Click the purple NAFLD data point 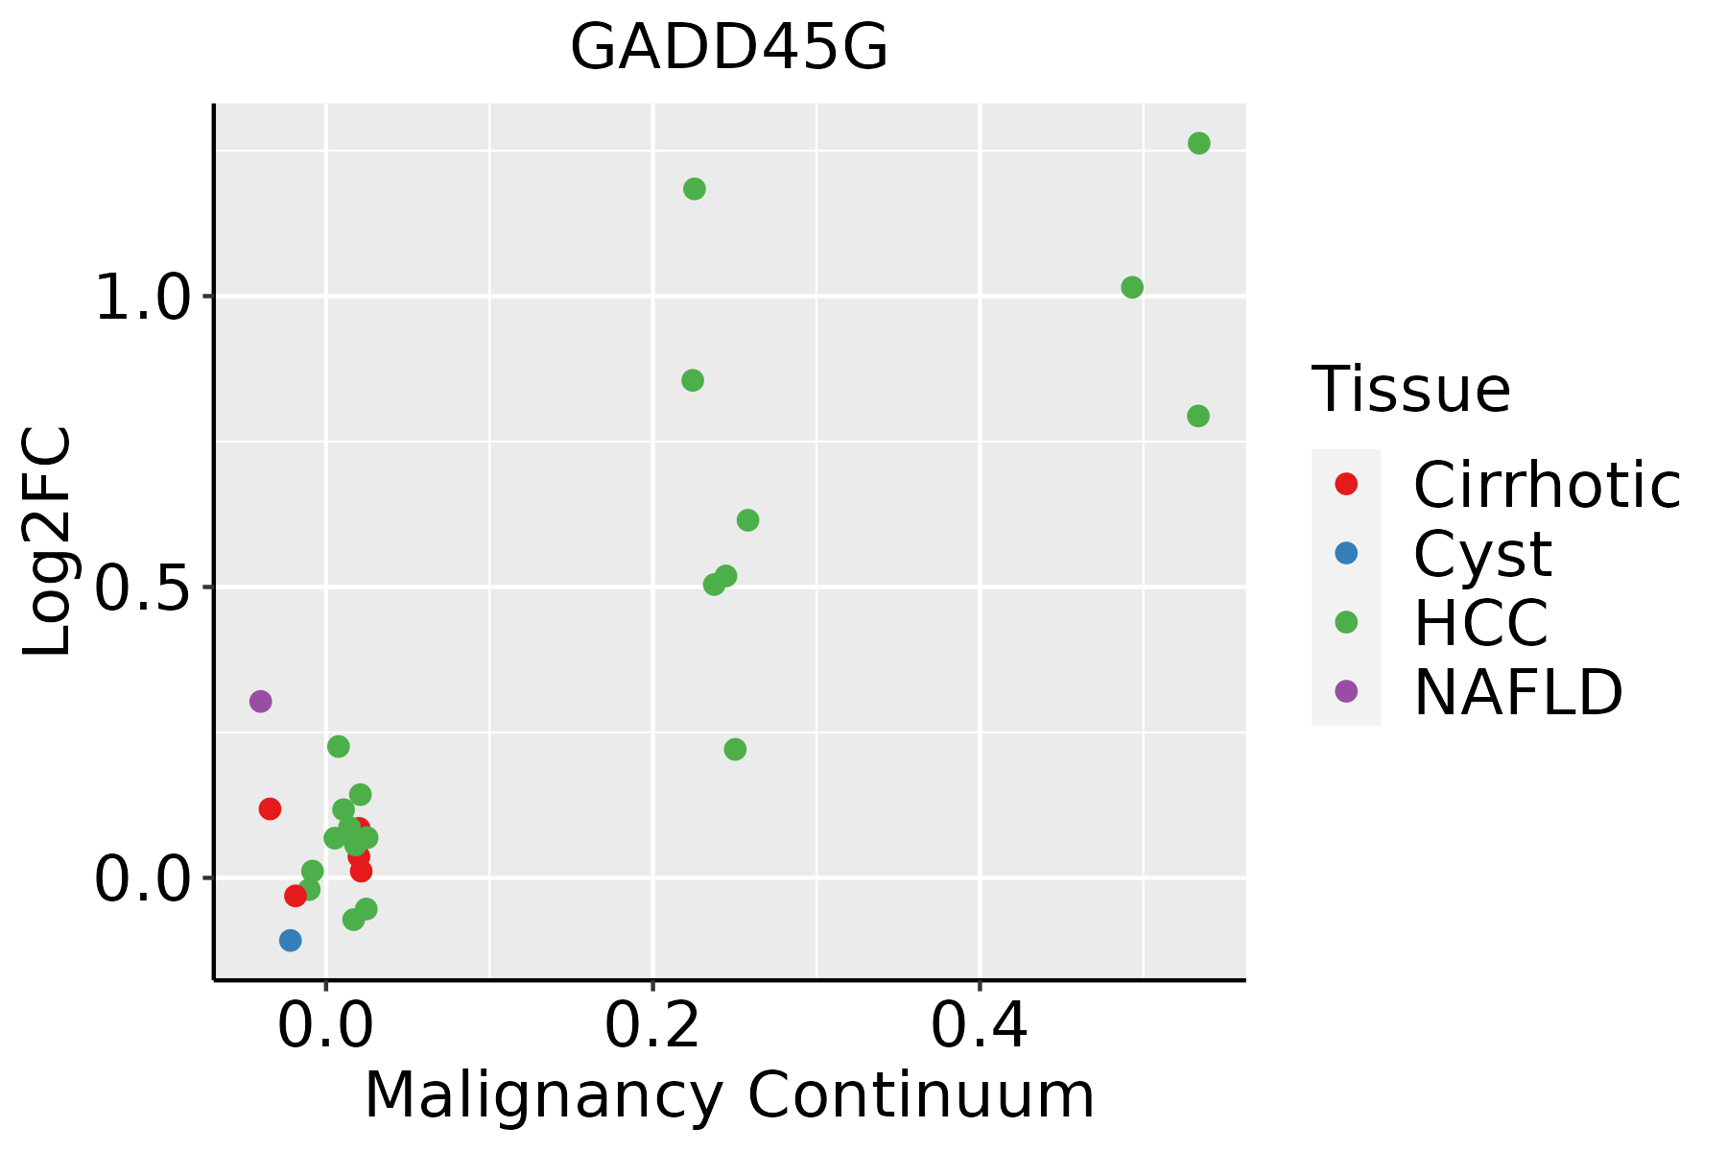click(x=260, y=702)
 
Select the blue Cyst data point click(x=291, y=941)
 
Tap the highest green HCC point click(x=1199, y=144)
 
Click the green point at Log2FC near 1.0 click(x=1132, y=287)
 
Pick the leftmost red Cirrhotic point click(x=270, y=809)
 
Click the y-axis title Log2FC click(x=48, y=541)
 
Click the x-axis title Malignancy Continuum click(x=729, y=1095)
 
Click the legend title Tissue click(x=1411, y=390)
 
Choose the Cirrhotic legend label click(x=1547, y=485)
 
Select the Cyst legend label click(x=1483, y=555)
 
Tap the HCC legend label click(x=1481, y=622)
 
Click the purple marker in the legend click(x=1346, y=690)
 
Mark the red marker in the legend click(x=1346, y=484)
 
